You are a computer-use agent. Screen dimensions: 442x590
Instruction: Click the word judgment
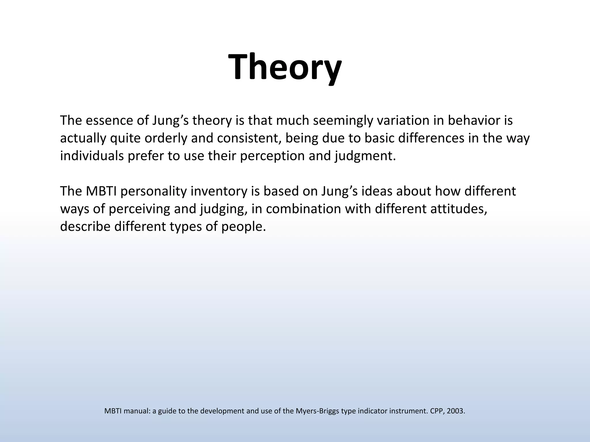tap(365, 156)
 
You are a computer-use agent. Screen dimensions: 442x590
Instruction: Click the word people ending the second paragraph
tap(243, 227)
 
